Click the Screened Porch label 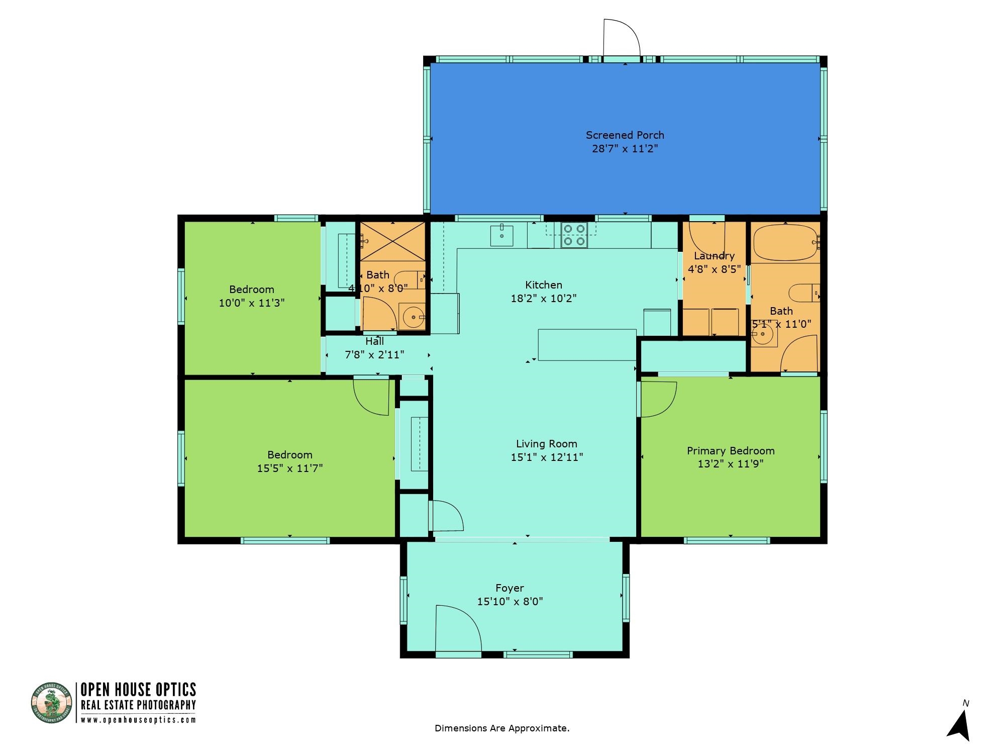(625, 135)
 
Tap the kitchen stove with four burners (574, 235)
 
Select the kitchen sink (502, 236)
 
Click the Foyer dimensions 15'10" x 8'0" (510, 602)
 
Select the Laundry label (714, 255)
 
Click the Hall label (374, 341)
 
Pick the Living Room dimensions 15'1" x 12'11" (546, 457)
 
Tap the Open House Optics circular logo (52, 703)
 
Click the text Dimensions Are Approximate (501, 728)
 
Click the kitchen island (587, 345)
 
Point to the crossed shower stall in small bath (392, 242)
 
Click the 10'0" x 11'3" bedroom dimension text (252, 303)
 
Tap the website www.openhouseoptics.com (138, 719)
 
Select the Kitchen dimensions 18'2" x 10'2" (543, 299)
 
